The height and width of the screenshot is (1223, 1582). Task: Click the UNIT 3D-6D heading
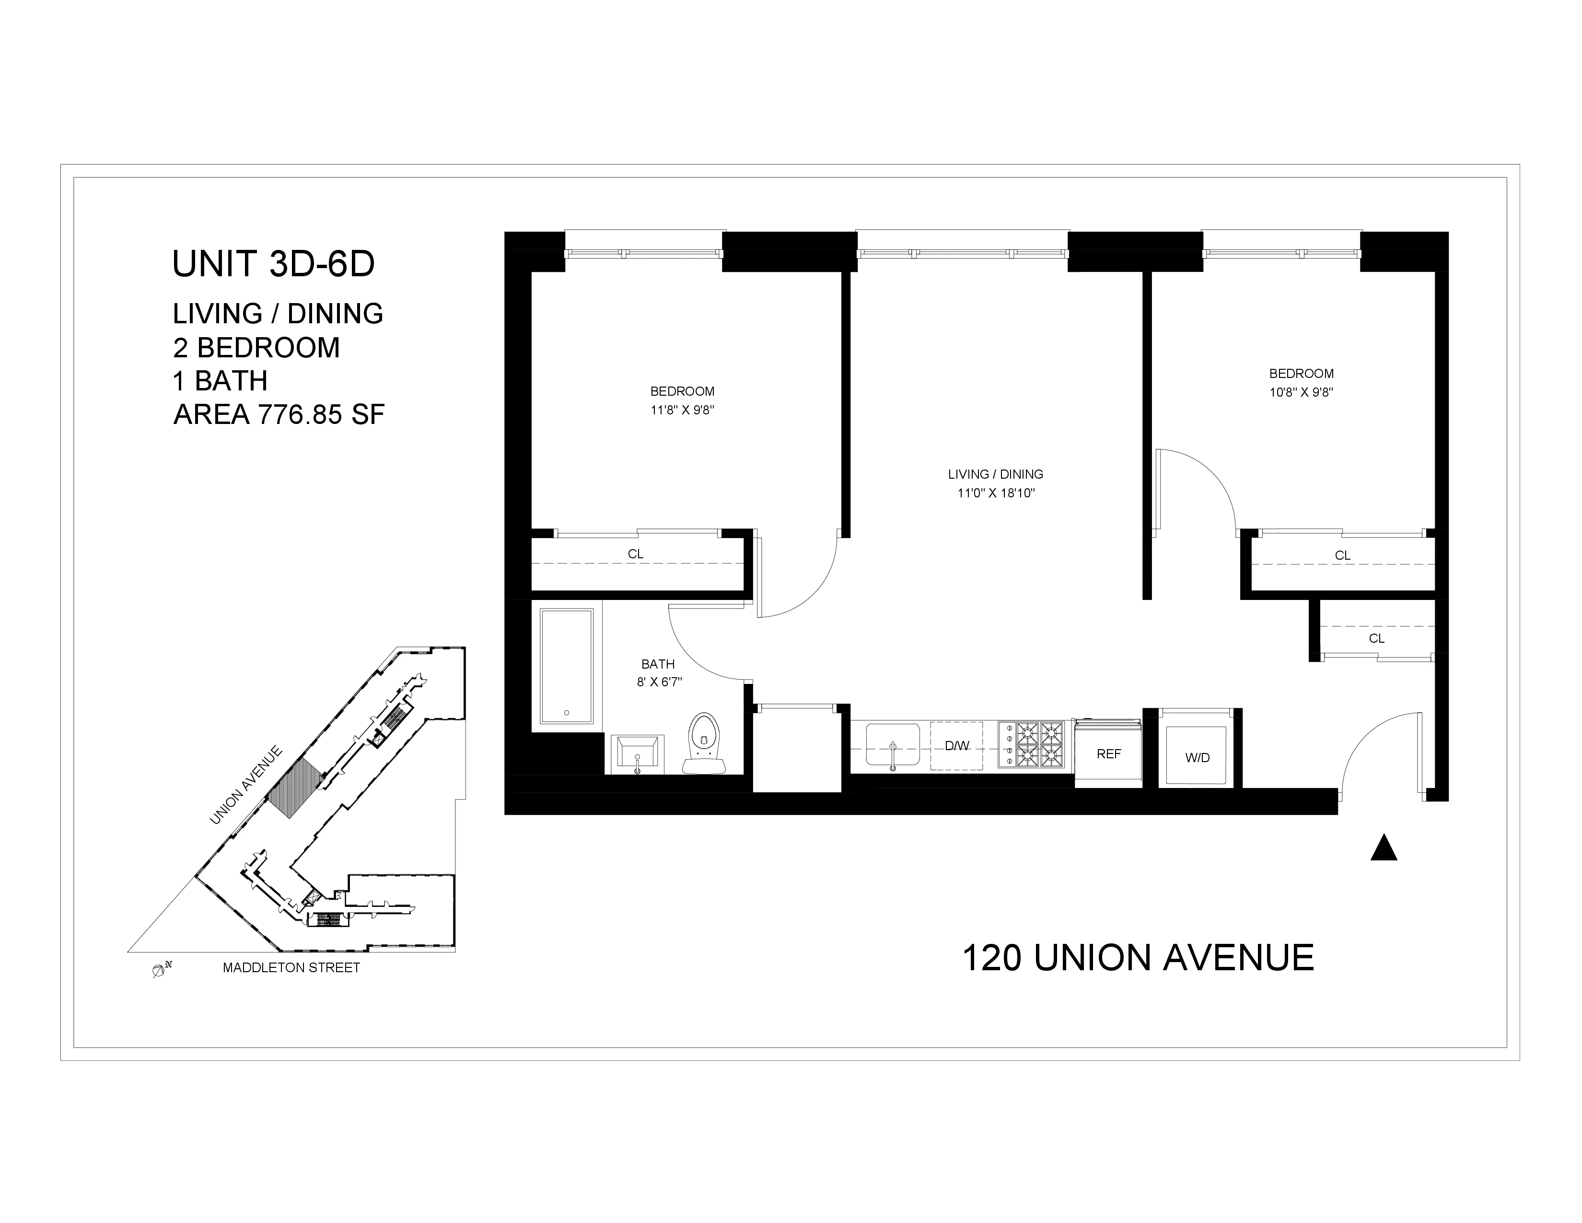[273, 264]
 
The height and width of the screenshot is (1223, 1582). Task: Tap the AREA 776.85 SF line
[279, 414]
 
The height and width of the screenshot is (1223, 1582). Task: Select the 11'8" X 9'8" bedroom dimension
[682, 410]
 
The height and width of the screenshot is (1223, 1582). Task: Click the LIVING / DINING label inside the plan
[995, 474]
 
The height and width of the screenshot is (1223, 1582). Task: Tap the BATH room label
[658, 664]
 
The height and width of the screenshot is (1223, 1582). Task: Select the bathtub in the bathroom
[567, 666]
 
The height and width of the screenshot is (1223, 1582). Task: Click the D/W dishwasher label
[956, 745]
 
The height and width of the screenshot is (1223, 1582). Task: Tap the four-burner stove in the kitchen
[1032, 744]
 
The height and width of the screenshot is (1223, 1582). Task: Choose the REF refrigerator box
[1108, 753]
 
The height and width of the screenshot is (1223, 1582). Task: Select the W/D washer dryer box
[1198, 757]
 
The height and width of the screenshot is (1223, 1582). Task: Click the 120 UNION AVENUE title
[1137, 958]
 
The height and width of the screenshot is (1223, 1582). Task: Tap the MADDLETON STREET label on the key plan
[291, 968]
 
